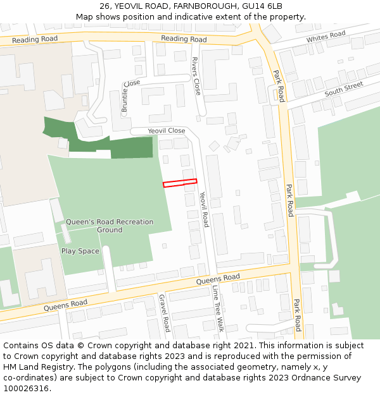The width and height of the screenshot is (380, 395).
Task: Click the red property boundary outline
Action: [180, 183]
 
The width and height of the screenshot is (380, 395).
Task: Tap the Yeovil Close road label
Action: [167, 131]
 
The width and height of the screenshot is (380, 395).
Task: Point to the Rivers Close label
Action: [196, 76]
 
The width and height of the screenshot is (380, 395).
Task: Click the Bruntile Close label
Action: [130, 97]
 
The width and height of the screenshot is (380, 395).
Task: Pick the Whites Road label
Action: [326, 37]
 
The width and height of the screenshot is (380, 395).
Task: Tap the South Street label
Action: [343, 89]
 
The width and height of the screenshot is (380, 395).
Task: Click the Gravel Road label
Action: [164, 313]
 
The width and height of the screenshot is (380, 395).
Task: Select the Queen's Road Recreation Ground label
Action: [110, 226]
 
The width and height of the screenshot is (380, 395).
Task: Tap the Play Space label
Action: [80, 251]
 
